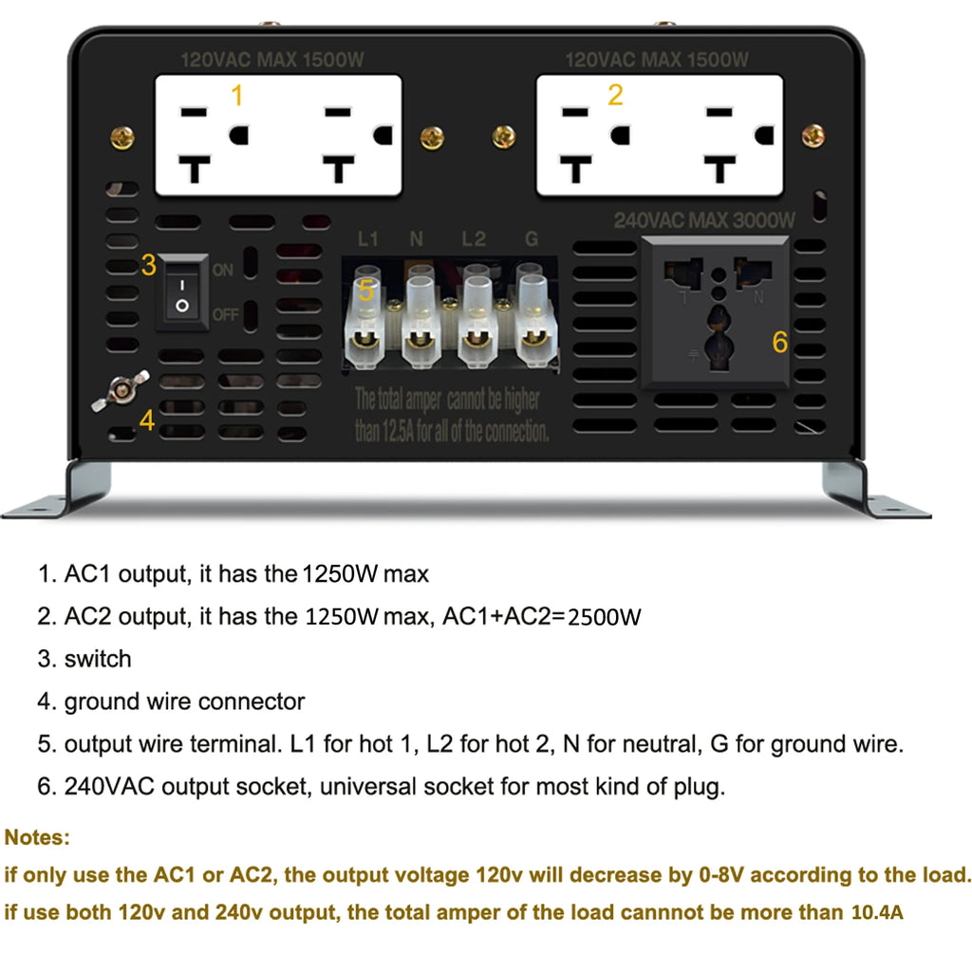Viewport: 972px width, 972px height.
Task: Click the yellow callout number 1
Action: (x=237, y=96)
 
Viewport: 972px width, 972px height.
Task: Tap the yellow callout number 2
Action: (x=615, y=95)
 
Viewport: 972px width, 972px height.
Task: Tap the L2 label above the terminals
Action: (x=473, y=239)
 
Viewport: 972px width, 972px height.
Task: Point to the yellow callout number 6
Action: (x=779, y=342)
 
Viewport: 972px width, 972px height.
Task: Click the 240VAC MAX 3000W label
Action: (x=704, y=220)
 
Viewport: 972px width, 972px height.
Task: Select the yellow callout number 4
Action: (x=146, y=421)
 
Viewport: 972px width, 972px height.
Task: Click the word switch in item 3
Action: (x=98, y=659)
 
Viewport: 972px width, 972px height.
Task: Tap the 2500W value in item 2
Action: (x=606, y=618)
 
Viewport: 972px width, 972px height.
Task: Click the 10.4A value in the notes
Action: (x=872, y=913)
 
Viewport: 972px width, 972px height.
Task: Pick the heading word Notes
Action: (x=37, y=838)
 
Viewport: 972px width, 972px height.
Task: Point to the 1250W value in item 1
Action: (x=340, y=574)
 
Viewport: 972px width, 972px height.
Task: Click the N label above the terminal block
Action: (x=416, y=239)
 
